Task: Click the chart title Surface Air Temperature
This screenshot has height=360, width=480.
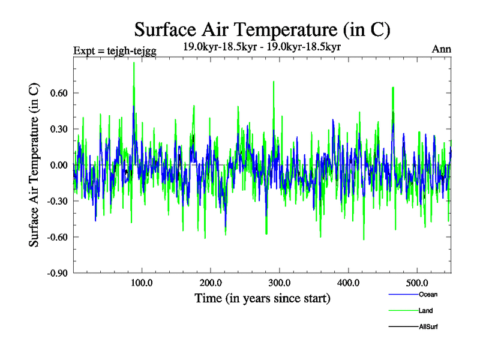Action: (x=262, y=29)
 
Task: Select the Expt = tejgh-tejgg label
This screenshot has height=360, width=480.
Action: (x=115, y=50)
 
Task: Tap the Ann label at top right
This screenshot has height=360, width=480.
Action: (x=442, y=49)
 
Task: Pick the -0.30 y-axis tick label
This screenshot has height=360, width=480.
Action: (x=56, y=201)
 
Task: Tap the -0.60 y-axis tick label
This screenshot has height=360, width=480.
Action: (x=56, y=237)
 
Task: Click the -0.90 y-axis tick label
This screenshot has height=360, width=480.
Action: (x=56, y=273)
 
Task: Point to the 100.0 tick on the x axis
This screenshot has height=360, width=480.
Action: (x=142, y=283)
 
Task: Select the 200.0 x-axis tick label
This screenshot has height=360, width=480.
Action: (x=211, y=283)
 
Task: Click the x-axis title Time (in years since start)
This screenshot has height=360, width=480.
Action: (x=262, y=298)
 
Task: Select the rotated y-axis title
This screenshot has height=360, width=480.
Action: (x=34, y=165)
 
